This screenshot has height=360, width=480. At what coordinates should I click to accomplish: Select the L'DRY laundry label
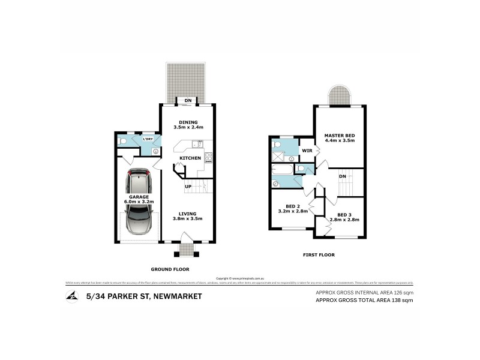[147, 139]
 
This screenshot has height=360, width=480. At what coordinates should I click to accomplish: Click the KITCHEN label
[190, 158]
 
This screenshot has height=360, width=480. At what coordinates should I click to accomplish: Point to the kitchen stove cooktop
[208, 158]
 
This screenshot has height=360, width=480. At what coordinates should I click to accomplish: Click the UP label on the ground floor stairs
[188, 187]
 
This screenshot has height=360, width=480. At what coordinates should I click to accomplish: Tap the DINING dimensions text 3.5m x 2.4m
[189, 128]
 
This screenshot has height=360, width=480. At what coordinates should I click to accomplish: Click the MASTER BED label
[339, 136]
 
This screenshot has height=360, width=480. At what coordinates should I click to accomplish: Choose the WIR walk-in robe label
[306, 149]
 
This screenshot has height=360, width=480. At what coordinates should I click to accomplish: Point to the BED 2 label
[293, 205]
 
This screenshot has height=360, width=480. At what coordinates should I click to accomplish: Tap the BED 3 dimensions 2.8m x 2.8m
[344, 220]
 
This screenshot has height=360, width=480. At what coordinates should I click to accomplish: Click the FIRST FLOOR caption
[319, 255]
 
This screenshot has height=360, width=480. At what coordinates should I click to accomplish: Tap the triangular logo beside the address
[72, 296]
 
